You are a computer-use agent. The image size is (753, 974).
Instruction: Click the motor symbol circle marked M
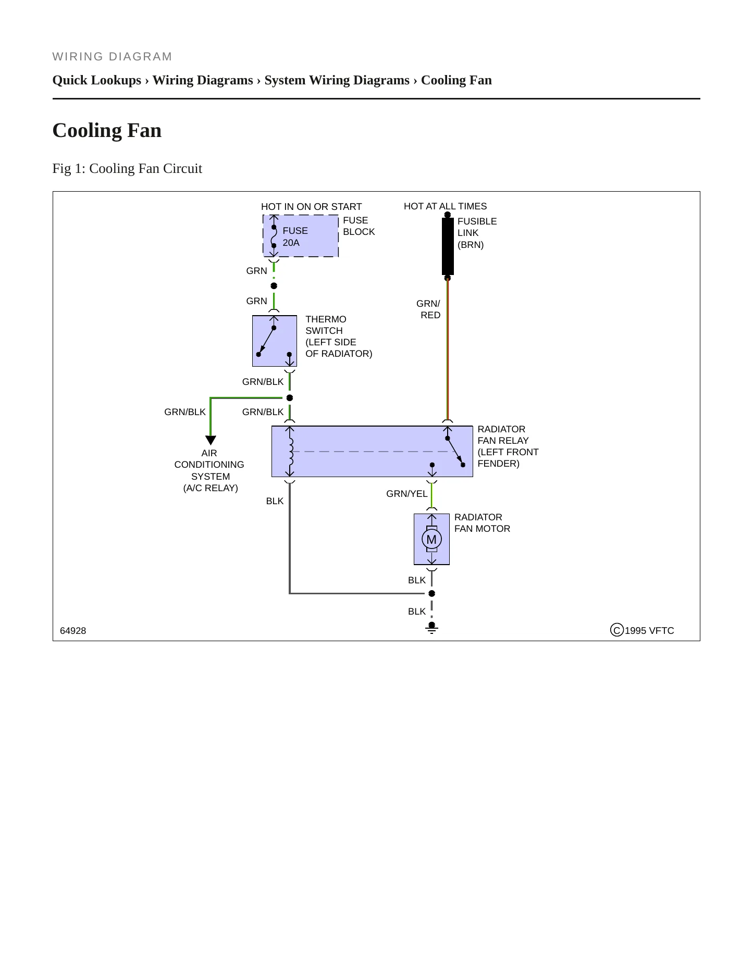tap(431, 539)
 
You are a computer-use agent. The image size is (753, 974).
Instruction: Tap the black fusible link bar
tap(448, 246)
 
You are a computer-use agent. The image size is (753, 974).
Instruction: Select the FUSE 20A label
tap(295, 236)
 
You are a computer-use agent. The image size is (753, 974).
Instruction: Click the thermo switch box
tap(275, 341)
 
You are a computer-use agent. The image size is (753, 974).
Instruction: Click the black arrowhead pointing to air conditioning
tap(211, 440)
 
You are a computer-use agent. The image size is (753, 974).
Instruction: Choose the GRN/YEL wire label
tap(406, 494)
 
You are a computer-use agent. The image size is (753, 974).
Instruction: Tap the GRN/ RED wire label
tap(428, 309)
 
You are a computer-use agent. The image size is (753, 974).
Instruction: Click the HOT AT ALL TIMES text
tap(445, 206)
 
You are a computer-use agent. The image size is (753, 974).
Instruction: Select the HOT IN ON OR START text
tap(311, 207)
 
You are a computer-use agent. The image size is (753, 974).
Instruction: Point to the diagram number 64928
tap(73, 631)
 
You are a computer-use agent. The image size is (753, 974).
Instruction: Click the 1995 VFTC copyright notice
tap(642, 630)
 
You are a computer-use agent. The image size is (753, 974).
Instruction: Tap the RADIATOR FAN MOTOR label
tap(482, 523)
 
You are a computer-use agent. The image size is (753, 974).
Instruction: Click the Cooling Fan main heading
tap(107, 130)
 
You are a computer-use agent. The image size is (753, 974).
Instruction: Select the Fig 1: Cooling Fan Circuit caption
tap(127, 169)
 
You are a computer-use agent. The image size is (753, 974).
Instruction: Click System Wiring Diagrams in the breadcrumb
tap(337, 80)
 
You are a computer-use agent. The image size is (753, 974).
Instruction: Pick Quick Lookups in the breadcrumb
tap(97, 80)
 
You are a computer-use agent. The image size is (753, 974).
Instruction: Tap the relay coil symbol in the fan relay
tap(290, 451)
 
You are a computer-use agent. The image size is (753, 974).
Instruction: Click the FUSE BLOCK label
tap(359, 226)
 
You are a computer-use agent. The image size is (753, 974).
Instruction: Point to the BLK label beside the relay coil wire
tap(275, 501)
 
